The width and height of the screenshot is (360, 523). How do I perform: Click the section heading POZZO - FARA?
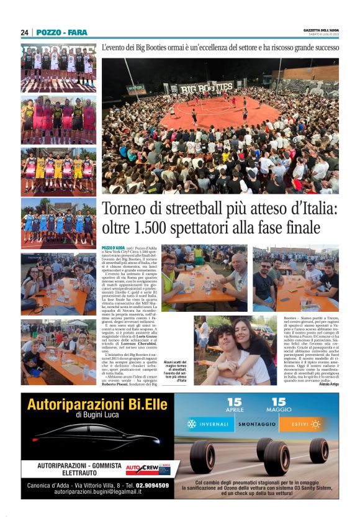(x=61, y=32)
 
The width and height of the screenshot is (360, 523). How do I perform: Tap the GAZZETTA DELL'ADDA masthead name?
(x=317, y=30)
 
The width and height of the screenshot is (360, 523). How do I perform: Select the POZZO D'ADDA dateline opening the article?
(x=114, y=247)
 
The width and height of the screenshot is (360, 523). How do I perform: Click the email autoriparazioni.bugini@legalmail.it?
(x=97, y=492)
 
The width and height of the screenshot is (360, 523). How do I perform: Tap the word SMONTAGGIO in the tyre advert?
(x=256, y=424)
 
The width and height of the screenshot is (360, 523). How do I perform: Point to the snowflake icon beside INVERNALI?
(x=192, y=424)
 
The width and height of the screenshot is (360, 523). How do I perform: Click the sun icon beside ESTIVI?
(x=315, y=424)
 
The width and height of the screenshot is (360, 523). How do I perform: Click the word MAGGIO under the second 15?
(x=279, y=411)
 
